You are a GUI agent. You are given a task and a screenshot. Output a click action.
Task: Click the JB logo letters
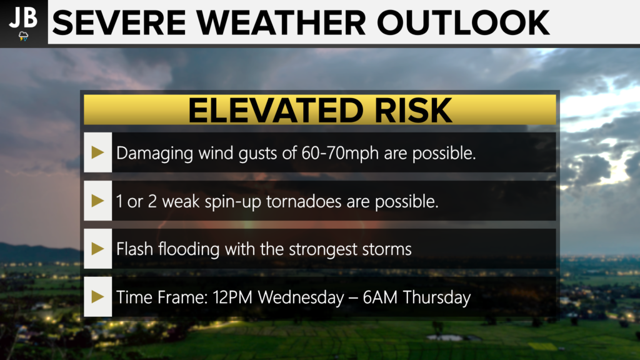(x=23, y=17)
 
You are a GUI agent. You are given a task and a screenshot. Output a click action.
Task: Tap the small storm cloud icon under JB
(x=24, y=36)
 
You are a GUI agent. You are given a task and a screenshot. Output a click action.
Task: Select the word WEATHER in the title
(x=281, y=23)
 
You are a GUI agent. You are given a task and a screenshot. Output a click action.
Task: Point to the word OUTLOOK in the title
(x=463, y=23)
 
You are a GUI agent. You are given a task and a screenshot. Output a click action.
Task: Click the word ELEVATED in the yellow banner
(x=276, y=110)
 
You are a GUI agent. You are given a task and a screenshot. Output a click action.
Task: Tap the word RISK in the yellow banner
(x=414, y=110)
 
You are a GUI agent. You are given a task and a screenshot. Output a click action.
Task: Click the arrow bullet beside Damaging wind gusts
(x=97, y=152)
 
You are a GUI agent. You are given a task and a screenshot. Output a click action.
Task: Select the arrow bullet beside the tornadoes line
(x=97, y=201)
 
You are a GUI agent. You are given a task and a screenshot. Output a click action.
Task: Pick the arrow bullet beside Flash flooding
(x=97, y=249)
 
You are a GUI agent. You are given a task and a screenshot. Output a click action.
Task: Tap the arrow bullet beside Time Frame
(x=97, y=297)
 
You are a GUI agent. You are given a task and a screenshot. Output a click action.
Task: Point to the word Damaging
(x=155, y=154)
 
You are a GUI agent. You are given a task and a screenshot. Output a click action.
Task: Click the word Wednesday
(x=301, y=297)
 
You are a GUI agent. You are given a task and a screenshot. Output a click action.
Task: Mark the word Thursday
(x=437, y=297)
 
